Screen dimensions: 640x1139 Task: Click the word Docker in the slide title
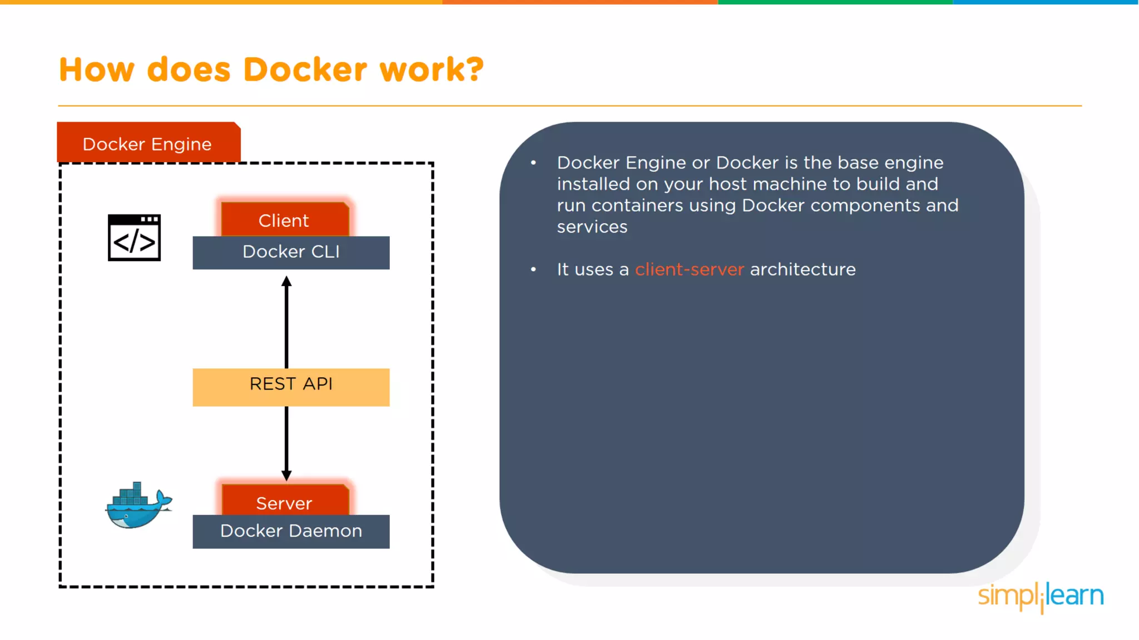point(305,70)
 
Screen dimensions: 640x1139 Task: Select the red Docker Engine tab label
point(148,143)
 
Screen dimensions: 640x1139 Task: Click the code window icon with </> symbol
point(134,237)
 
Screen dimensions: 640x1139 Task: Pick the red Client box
point(284,220)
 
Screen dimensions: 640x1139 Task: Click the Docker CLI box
point(291,252)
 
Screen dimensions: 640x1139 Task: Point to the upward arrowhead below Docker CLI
point(286,281)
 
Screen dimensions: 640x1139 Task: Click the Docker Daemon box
point(291,532)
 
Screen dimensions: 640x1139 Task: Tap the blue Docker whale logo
point(138,506)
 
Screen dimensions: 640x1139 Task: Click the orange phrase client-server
point(689,269)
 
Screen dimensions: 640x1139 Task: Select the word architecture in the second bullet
point(803,269)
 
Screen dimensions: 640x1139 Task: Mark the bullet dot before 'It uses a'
point(533,269)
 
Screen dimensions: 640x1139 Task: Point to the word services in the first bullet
point(592,227)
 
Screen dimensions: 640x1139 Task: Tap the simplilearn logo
point(1041,596)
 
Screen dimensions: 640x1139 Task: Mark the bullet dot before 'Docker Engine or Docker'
point(533,163)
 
